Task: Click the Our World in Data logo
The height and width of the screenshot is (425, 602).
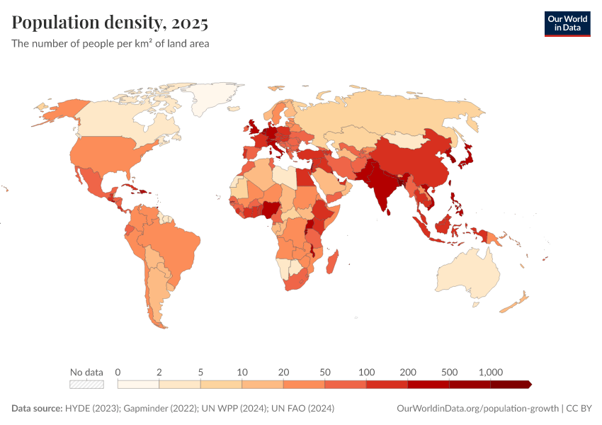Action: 567,23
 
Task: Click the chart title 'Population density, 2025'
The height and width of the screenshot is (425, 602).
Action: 110,23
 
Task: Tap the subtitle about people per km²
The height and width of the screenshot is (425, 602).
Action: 110,43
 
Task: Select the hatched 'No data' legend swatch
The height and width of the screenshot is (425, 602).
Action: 86,385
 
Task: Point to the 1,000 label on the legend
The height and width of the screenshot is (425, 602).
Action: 490,372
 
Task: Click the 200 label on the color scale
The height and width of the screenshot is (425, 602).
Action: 408,372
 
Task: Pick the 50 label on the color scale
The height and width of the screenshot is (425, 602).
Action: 325,372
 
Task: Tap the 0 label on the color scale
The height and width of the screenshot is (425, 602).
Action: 118,372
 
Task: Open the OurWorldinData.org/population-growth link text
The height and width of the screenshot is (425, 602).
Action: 477,409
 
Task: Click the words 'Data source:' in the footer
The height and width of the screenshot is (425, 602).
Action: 36,409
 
